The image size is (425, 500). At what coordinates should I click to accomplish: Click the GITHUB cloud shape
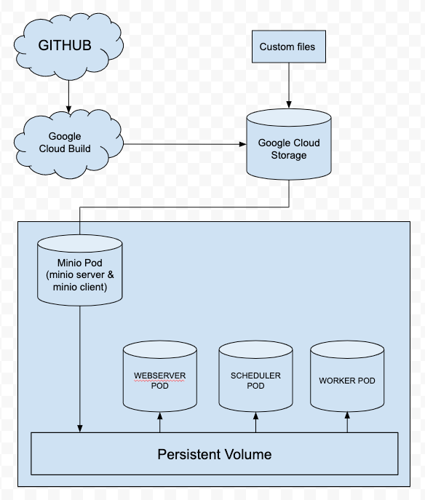tap(65, 46)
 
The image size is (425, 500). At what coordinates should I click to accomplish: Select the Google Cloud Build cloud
tap(65, 143)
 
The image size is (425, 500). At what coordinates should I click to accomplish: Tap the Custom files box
tap(288, 47)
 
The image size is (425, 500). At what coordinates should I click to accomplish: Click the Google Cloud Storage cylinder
tap(288, 146)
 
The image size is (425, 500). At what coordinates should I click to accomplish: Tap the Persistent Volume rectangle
tap(214, 454)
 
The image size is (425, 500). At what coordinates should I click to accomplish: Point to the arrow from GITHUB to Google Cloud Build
tap(68, 95)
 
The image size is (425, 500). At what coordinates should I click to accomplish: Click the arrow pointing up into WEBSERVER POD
tap(159, 423)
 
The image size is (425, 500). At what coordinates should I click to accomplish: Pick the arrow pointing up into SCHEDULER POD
tap(255, 423)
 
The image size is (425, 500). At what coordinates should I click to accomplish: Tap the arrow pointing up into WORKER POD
tap(347, 423)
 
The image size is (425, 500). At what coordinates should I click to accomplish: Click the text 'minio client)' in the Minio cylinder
tap(79, 287)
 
